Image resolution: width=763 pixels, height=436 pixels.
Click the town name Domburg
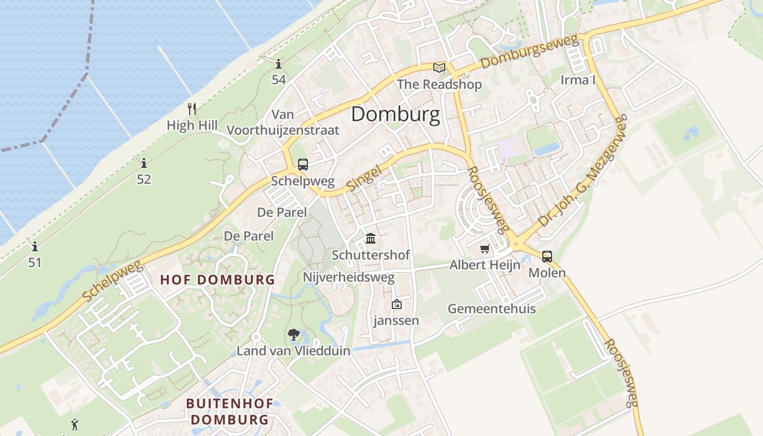395,114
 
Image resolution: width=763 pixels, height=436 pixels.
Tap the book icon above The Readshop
439,68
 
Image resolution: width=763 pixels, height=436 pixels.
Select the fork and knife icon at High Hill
191,109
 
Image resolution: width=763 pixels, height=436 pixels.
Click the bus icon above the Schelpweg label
302,165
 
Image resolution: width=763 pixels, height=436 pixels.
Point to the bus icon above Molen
547,257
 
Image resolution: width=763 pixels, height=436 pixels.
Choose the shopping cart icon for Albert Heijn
484,249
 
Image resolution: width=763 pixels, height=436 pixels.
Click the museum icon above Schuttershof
371,238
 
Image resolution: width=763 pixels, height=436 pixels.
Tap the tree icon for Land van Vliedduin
294,335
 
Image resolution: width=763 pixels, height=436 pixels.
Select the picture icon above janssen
396,304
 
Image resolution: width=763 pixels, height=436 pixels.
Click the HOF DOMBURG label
217,280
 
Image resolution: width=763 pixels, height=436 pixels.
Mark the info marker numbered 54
278,64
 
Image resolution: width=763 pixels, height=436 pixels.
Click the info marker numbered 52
143,163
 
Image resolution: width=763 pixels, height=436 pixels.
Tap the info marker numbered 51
35,246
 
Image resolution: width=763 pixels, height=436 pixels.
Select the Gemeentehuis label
492,309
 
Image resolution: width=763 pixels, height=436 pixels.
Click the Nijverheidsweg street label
348,277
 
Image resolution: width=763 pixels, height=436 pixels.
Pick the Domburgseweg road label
529,52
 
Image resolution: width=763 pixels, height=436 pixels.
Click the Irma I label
578,80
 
